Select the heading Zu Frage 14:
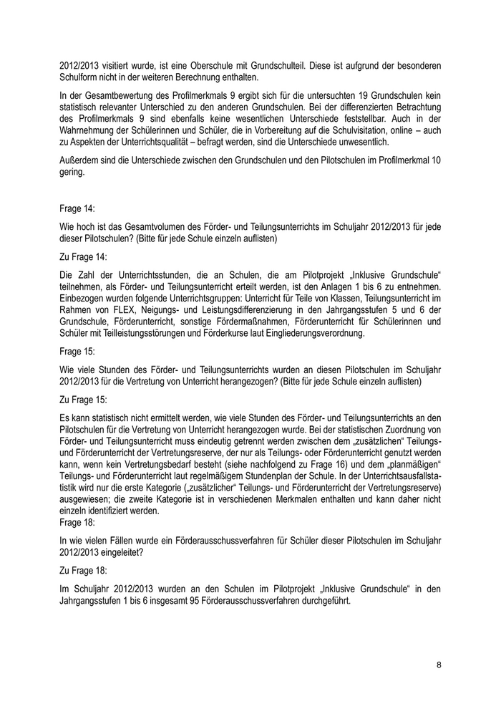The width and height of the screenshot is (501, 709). pyautogui.click(x=83, y=255)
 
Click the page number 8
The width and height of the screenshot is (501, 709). pyautogui.click(x=439, y=665)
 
